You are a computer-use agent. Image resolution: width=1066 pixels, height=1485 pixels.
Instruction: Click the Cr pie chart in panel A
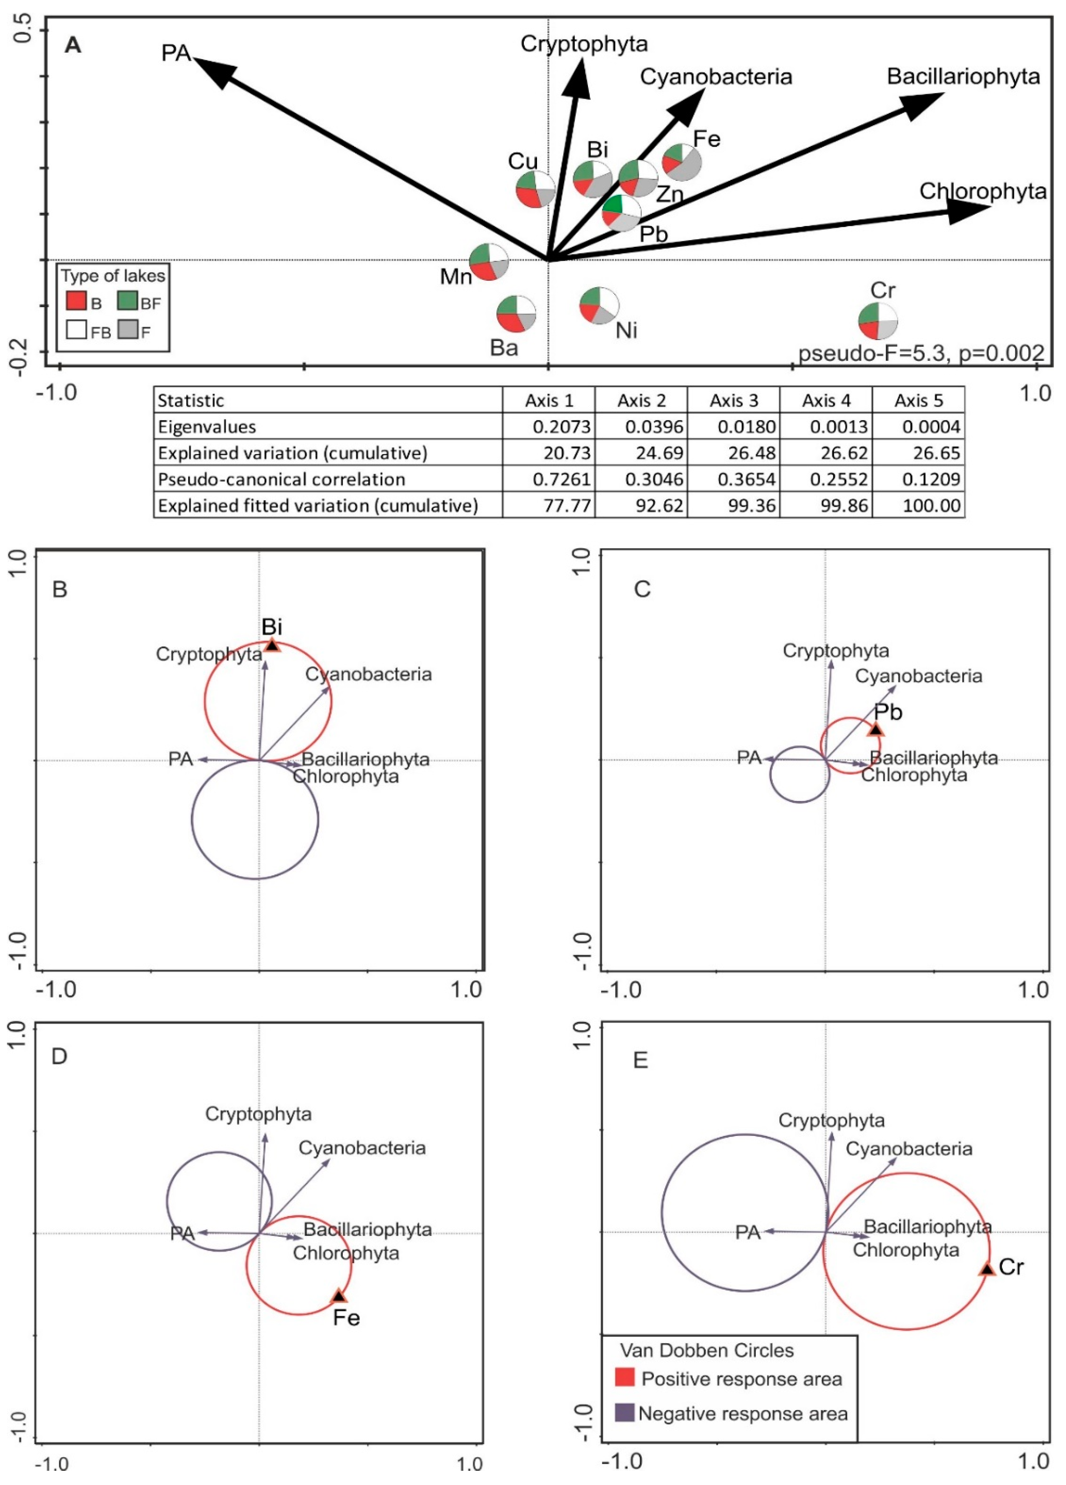(878, 321)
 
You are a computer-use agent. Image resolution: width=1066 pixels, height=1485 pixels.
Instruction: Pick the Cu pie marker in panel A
(536, 190)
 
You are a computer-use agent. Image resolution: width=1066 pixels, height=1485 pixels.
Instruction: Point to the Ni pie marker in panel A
(599, 305)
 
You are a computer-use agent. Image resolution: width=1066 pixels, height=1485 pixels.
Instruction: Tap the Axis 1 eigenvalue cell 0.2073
(561, 427)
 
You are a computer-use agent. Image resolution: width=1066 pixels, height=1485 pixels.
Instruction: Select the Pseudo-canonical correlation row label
(281, 479)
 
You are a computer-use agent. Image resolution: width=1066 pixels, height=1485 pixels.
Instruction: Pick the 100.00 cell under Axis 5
(931, 505)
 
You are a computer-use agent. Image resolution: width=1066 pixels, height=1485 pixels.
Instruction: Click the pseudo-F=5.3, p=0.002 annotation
(921, 354)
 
